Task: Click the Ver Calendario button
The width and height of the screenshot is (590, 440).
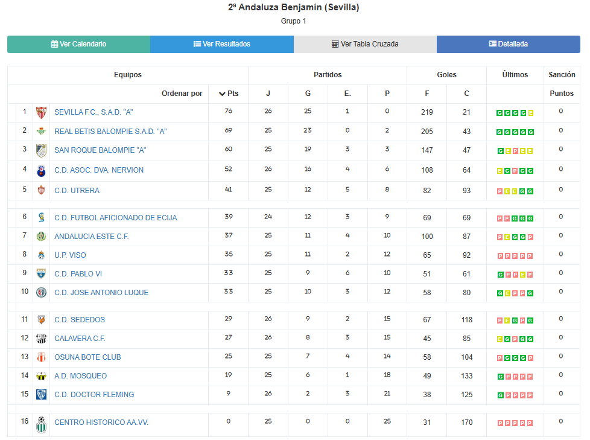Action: point(78,44)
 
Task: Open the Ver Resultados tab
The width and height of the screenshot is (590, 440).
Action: point(221,44)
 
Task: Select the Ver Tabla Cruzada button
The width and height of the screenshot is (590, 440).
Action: point(365,44)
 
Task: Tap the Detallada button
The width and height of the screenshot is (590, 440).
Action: point(508,44)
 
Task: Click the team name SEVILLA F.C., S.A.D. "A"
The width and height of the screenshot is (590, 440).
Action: point(94,112)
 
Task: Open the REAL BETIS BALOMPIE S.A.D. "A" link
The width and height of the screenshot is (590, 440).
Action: point(110,132)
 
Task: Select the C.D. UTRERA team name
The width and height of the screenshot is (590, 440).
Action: point(77,191)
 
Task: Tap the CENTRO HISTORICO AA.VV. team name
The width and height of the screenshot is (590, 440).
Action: point(101,422)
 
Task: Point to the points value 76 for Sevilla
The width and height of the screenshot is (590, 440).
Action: point(228,111)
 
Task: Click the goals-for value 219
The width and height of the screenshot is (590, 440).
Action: point(427,112)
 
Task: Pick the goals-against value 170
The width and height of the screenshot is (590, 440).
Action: point(466,422)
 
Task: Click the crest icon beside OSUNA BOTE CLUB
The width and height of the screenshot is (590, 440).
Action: point(41,357)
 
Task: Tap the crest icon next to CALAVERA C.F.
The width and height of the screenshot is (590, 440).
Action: point(41,339)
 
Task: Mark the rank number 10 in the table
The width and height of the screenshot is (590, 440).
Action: point(25,292)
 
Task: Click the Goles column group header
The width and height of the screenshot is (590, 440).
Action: point(446,75)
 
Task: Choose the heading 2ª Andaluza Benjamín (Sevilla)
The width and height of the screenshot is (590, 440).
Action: point(294,8)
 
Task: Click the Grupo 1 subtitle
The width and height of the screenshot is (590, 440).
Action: point(294,21)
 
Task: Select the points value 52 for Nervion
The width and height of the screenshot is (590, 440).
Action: point(228,169)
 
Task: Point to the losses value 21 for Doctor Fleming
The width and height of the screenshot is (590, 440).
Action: point(387,394)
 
